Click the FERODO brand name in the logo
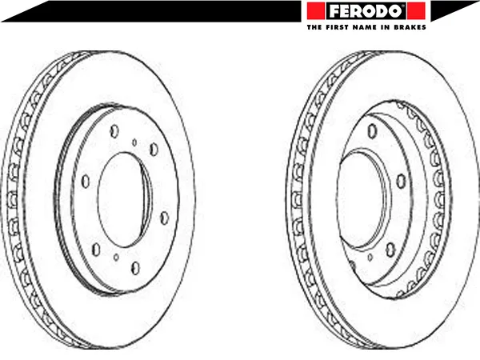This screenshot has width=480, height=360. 366,11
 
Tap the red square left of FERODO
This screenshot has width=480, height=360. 316,10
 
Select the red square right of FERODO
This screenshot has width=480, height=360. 416,10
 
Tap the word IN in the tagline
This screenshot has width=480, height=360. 384,27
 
